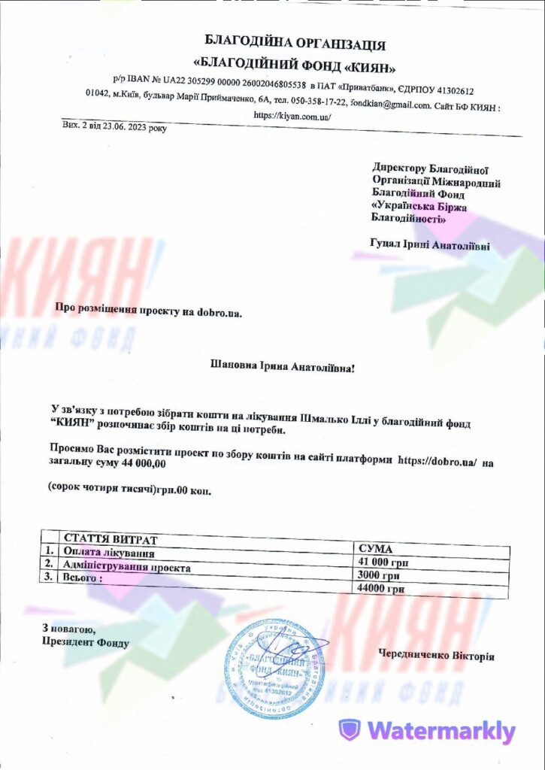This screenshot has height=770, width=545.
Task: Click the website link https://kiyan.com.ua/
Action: pyautogui.click(x=292, y=117)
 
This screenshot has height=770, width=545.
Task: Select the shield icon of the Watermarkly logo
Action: pyautogui.click(x=349, y=730)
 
